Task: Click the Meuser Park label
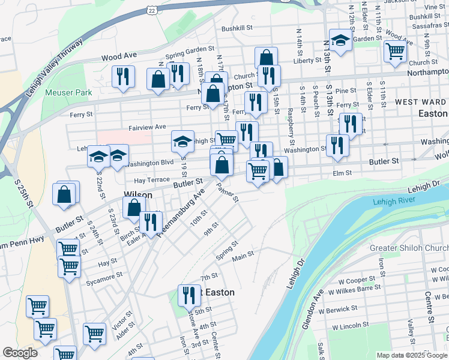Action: point(68,93)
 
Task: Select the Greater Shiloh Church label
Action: point(409,248)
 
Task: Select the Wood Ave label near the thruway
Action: point(119,56)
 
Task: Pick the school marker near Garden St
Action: point(340,40)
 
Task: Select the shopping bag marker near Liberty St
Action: point(266,58)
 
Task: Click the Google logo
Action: point(20,353)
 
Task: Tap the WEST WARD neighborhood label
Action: point(420,102)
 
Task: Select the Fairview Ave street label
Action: point(147,127)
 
